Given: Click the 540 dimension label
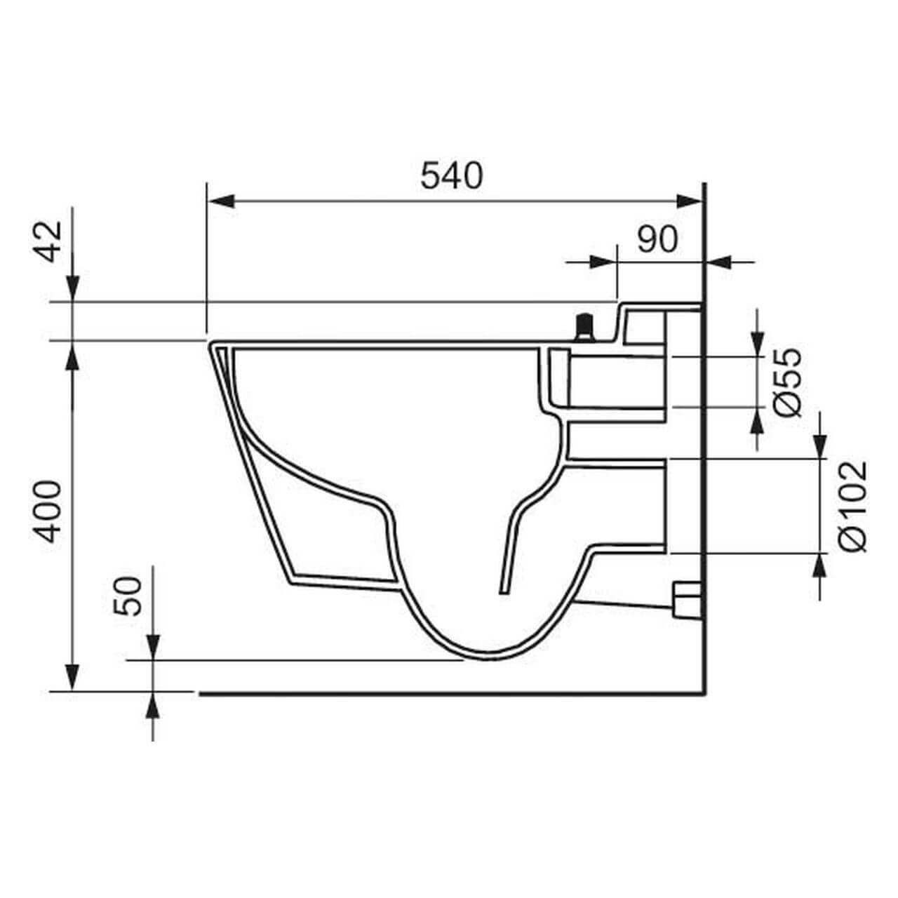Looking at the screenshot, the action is pos(452,175).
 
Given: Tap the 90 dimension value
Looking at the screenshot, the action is pos(657,240).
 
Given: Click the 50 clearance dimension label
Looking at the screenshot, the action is pos(128,596).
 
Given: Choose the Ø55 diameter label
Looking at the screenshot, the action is pos(787,382).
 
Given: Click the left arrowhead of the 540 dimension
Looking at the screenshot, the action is pos(220,201).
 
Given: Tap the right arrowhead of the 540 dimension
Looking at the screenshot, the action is pos(690,201).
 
